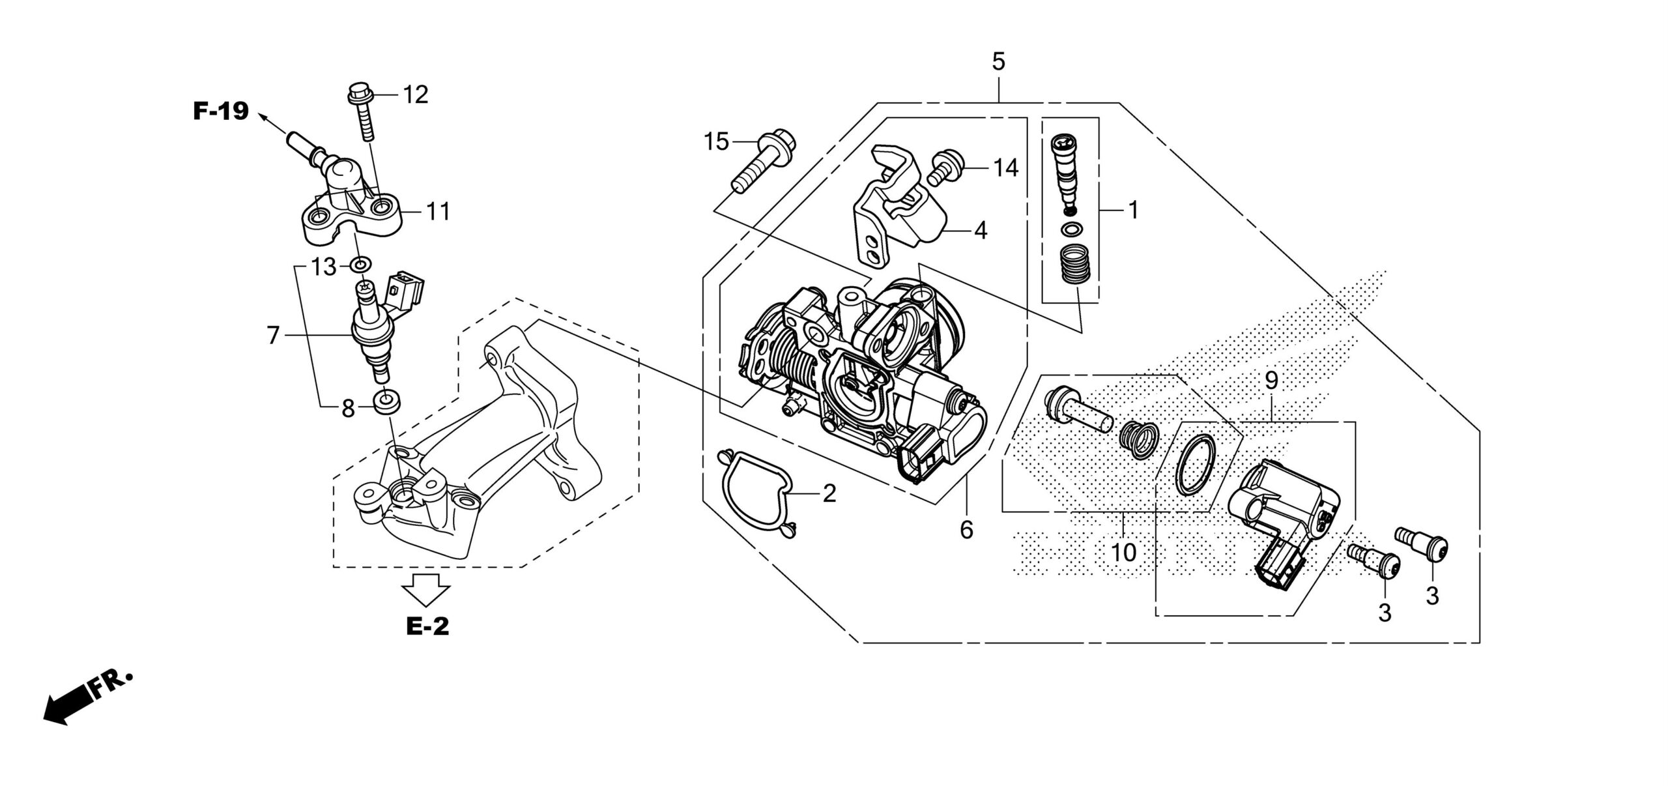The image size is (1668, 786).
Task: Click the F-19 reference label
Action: pos(221,111)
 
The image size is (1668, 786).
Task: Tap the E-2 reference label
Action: pos(427,626)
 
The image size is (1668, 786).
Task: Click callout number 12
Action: pos(415,95)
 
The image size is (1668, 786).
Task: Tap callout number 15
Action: pos(716,141)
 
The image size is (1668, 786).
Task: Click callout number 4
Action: pos(980,231)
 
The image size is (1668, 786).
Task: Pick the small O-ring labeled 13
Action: pos(361,265)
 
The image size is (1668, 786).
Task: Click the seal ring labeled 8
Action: pos(386,401)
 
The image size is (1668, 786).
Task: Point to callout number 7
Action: pos(273,336)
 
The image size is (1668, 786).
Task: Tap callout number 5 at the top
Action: pos(998,63)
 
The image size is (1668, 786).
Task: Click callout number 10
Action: pos(1123,553)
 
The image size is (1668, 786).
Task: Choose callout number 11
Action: pos(439,212)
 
